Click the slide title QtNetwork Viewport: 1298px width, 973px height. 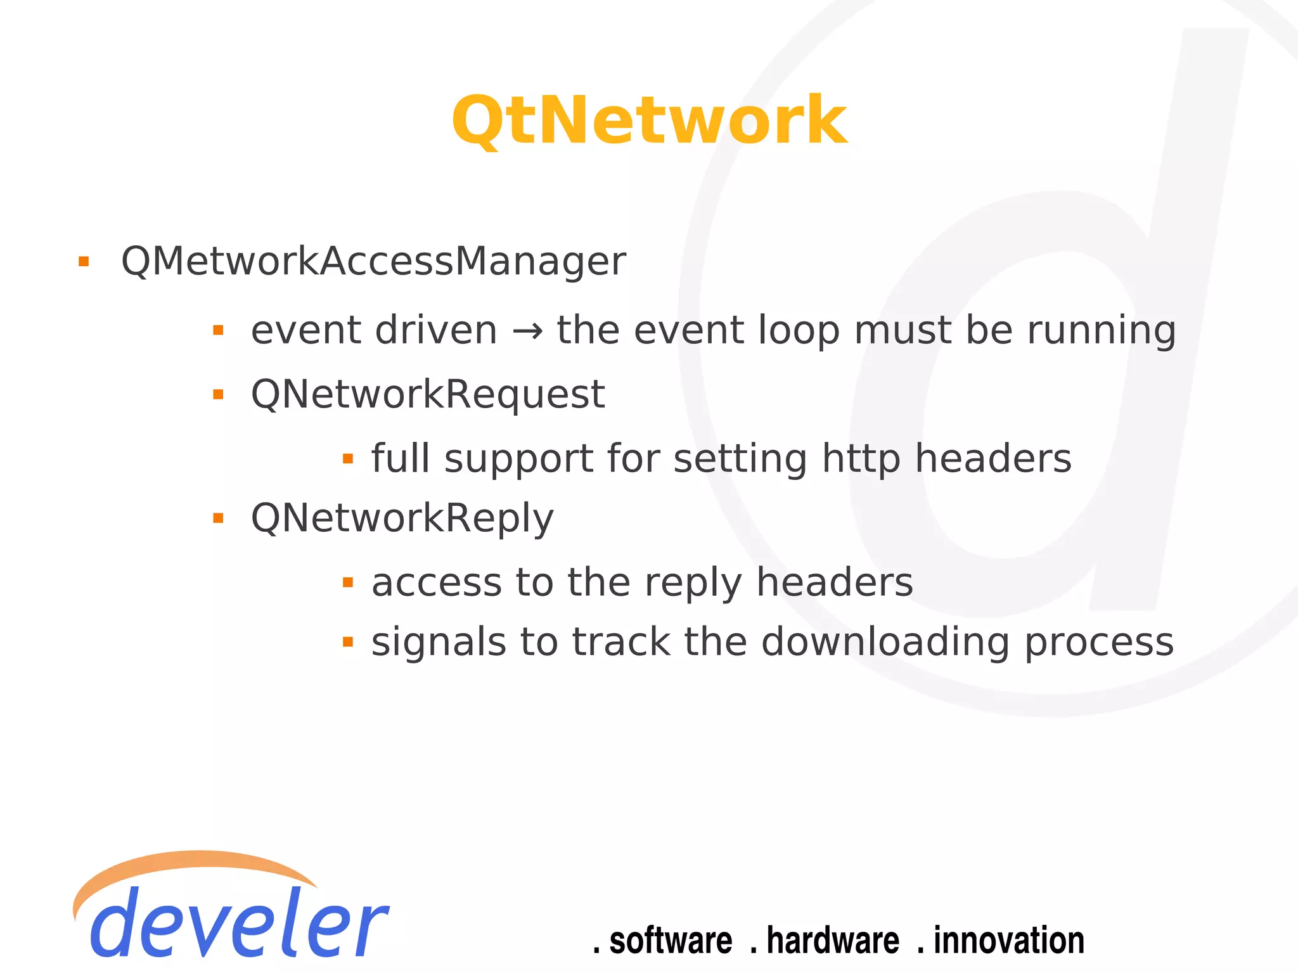[x=648, y=120]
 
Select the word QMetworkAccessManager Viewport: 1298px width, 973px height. [x=373, y=261]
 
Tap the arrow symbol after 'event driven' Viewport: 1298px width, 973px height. [x=527, y=331]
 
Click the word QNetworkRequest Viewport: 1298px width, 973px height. [x=428, y=394]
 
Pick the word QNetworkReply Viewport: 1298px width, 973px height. [x=402, y=519]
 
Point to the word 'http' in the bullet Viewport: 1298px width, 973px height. [x=861, y=459]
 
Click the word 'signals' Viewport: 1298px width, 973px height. [x=439, y=643]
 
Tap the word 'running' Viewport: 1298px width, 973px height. [x=1102, y=331]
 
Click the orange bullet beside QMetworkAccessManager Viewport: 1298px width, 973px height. [x=84, y=261]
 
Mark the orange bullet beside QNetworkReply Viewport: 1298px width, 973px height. [x=219, y=519]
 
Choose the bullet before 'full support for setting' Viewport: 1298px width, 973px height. [x=347, y=458]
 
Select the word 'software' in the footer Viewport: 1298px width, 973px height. [x=670, y=941]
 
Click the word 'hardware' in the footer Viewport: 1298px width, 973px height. [x=832, y=941]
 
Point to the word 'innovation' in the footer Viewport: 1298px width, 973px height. [x=1008, y=941]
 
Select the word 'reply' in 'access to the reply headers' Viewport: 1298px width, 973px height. [x=693, y=583]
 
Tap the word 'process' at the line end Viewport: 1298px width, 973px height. [x=1099, y=643]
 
